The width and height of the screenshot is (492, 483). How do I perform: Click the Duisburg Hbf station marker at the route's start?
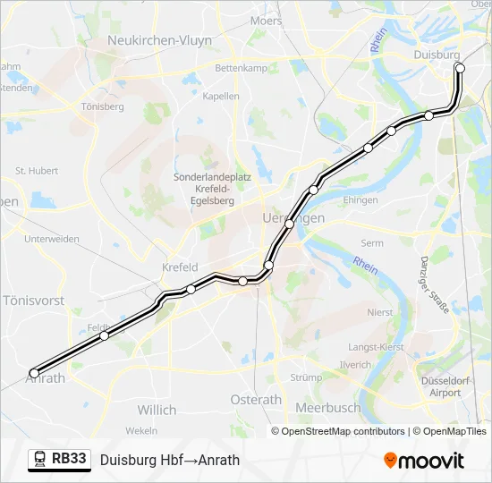click(460, 68)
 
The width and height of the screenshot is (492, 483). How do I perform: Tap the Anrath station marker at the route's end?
click(35, 373)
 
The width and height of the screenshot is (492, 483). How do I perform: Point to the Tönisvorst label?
click(34, 301)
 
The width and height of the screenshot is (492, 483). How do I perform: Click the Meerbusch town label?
click(328, 408)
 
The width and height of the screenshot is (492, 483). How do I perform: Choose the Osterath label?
click(256, 400)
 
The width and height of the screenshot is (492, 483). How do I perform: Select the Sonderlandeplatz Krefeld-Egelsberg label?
click(212, 189)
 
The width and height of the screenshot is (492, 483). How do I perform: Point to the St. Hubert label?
click(37, 170)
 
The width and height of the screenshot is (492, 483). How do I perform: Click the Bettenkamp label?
click(242, 68)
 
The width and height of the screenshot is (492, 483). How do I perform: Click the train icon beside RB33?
click(39, 460)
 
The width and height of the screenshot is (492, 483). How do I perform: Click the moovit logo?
click(424, 461)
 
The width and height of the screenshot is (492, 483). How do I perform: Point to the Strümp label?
click(306, 377)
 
